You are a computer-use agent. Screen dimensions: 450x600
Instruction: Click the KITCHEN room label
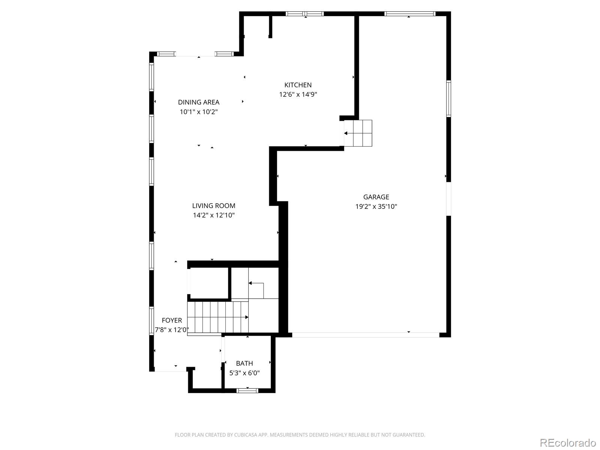[298, 85]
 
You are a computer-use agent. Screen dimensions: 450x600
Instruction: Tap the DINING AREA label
[198, 102]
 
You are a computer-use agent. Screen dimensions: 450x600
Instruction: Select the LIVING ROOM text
[214, 206]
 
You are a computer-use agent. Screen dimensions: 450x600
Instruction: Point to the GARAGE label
[376, 197]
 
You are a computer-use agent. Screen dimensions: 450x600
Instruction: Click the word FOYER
[172, 321]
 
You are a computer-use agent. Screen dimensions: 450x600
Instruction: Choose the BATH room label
[244, 363]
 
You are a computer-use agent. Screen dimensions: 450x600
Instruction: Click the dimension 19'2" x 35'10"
[376, 207]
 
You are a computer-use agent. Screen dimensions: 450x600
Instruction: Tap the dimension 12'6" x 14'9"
[298, 94]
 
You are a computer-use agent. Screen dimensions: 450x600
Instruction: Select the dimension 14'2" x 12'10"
[214, 215]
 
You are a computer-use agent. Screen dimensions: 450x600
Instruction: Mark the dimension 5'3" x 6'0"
[244, 373]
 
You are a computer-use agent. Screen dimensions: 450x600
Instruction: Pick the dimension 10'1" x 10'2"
[198, 112]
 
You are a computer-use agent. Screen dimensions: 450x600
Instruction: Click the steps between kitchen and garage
[358, 133]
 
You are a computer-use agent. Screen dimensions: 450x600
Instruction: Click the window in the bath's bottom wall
[247, 391]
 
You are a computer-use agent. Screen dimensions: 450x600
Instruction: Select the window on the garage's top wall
[409, 14]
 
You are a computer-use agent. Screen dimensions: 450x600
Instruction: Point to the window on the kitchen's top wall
[304, 14]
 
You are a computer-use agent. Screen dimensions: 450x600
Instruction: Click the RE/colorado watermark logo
[567, 443]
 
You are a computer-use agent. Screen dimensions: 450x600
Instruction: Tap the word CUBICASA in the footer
[245, 435]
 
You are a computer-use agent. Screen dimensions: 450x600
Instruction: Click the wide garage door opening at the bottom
[365, 334]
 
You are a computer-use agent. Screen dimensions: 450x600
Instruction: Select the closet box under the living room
[209, 283]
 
